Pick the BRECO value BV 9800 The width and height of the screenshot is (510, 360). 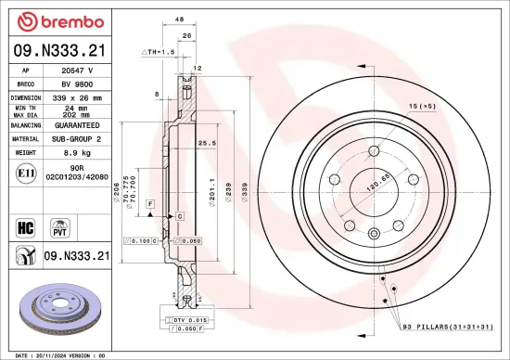pyautogui.click(x=77, y=84)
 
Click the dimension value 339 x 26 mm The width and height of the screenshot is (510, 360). pyautogui.click(x=77, y=96)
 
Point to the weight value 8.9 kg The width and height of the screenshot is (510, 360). pyautogui.click(x=77, y=151)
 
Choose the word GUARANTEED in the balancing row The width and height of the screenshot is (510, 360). pyautogui.click(x=77, y=124)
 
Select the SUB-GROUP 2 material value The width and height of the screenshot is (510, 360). pyautogui.click(x=77, y=138)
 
